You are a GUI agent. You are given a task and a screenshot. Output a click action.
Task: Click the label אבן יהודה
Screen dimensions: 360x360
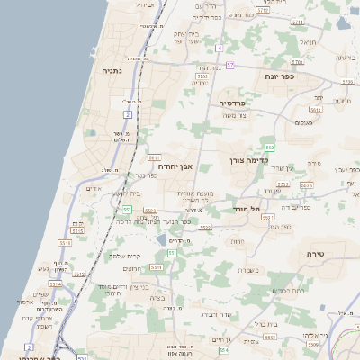pos(176,166)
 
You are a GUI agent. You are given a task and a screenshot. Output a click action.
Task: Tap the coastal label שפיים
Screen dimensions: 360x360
pos(42,295)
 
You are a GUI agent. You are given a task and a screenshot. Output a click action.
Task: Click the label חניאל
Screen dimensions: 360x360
pos(308,42)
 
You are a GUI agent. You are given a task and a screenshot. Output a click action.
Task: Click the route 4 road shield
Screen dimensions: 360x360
pos(220,47)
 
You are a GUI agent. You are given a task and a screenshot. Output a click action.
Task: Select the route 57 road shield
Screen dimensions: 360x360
pos(230,65)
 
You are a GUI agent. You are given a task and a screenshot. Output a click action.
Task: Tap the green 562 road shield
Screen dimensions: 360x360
pos(269,146)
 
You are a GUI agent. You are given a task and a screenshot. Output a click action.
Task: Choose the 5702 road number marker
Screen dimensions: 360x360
pos(202,77)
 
